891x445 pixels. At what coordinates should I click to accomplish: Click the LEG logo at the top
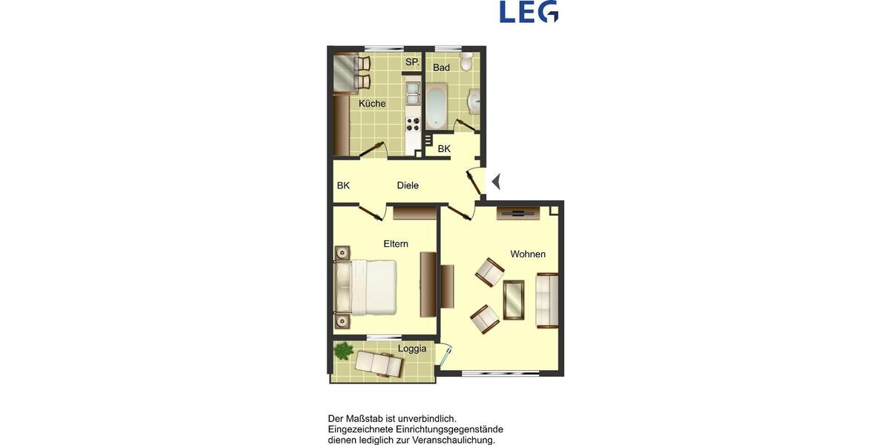[529, 12]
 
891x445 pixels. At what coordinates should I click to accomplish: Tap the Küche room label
[372, 104]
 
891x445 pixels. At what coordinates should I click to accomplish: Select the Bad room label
[442, 67]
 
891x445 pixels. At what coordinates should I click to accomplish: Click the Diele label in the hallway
[408, 185]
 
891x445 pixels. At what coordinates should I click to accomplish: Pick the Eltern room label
[396, 244]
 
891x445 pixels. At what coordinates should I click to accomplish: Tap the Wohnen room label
[528, 254]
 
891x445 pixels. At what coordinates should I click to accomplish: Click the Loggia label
[412, 349]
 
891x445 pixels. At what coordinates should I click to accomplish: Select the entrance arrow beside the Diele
[497, 180]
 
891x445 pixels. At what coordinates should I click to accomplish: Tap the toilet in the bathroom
[466, 61]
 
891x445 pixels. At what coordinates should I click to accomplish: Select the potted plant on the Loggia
[343, 350]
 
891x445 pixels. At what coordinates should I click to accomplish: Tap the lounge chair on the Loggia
[379, 363]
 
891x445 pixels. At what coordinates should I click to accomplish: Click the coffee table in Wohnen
[514, 300]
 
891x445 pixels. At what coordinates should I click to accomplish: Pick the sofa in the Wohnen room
[547, 300]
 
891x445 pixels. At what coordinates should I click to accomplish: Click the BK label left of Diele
[343, 185]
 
